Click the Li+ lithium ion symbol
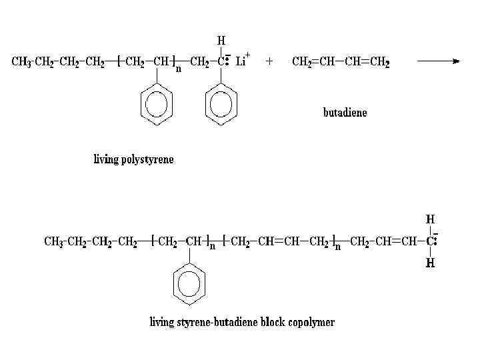click(243, 61)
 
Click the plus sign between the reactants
click(269, 61)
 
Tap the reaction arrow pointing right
click(438, 61)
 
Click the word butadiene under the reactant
click(345, 112)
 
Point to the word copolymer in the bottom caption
click(311, 323)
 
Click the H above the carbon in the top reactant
click(221, 41)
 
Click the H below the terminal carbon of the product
click(430, 263)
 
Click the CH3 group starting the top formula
click(21, 62)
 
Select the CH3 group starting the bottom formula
click(54, 241)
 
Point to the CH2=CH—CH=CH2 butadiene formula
click(341, 62)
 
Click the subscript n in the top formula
click(178, 69)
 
